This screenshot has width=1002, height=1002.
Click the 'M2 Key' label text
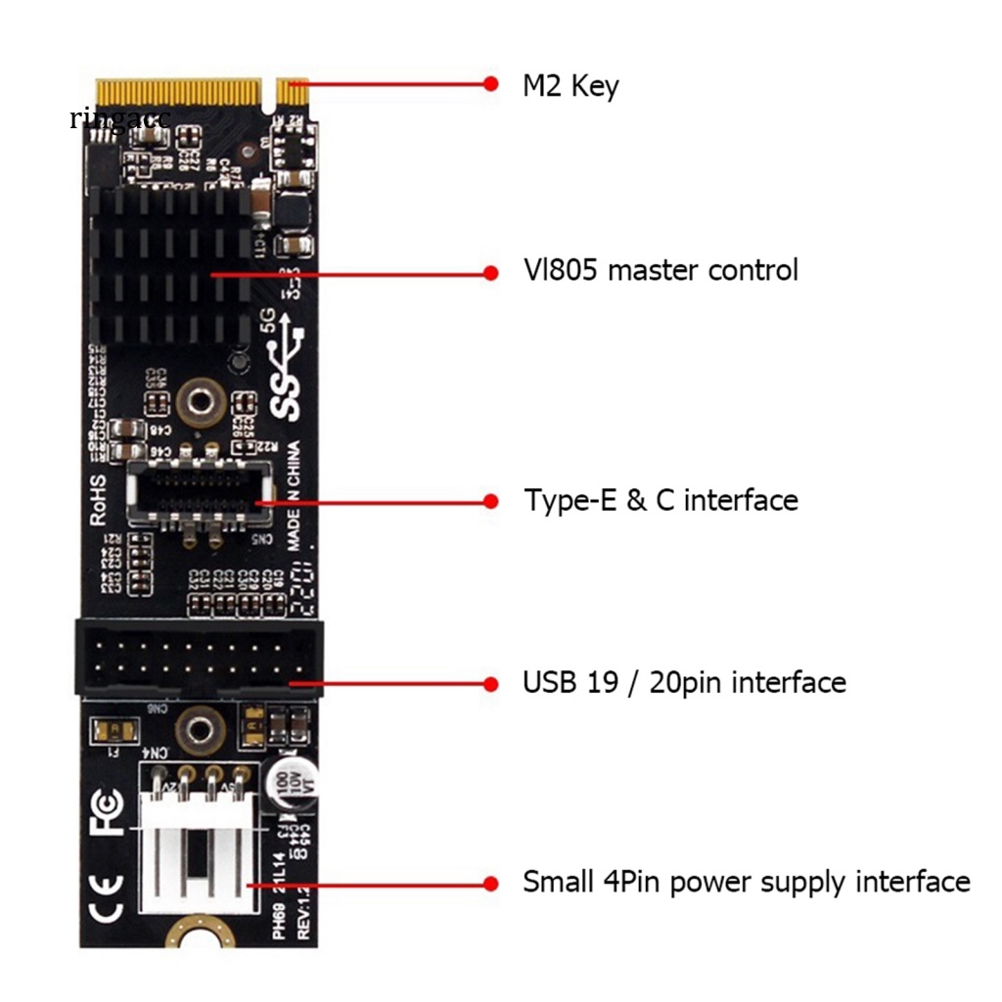point(570,86)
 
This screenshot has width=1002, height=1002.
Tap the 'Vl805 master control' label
point(660,270)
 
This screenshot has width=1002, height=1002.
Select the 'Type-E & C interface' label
point(660,500)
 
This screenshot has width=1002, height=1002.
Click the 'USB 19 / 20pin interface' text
point(684,681)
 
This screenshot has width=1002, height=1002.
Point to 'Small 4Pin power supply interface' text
point(746,882)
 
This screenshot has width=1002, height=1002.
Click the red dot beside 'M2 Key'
point(490,83)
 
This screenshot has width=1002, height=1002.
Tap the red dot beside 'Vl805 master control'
point(490,273)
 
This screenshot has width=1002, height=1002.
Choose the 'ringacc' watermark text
point(119,119)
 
